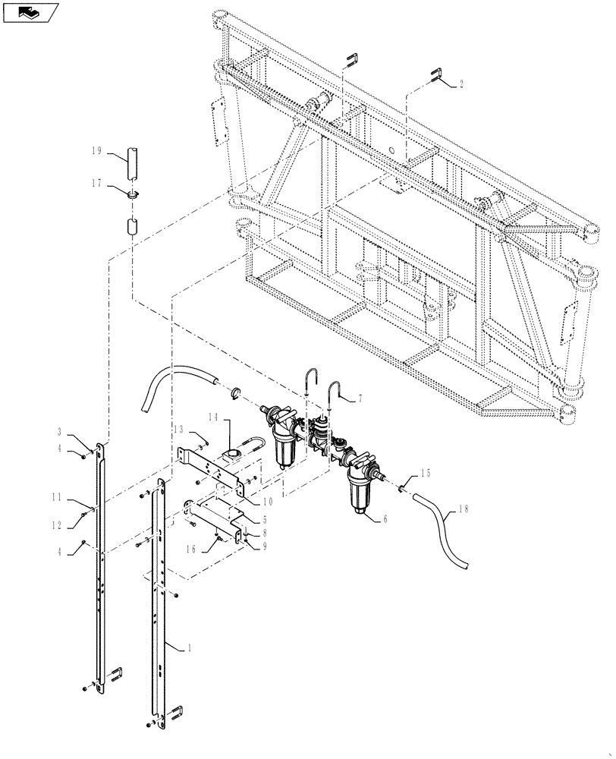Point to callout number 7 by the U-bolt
[360, 398]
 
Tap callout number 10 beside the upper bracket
[268, 502]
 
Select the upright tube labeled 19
[134, 159]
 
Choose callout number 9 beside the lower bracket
[263, 545]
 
